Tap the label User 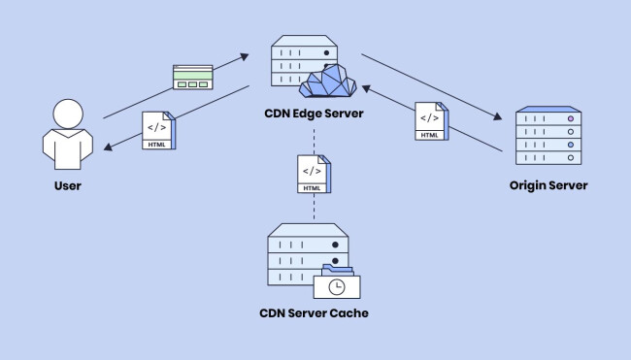coord(67,185)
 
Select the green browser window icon coord(192,77)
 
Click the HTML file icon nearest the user coord(157,130)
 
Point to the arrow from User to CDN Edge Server coord(175,87)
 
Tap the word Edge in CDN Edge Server coord(315,114)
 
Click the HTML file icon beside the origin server coord(431,120)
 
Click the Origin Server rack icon coord(548,137)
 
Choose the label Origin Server coord(548,185)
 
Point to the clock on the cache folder coord(336,287)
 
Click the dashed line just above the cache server coord(314,211)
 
